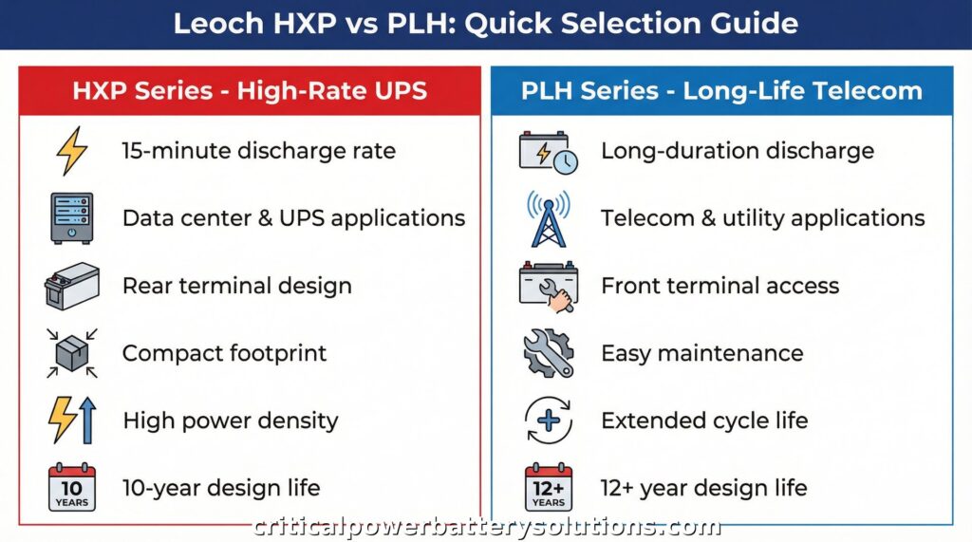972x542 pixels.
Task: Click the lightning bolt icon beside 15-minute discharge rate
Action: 72,151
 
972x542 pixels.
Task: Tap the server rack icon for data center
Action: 72,218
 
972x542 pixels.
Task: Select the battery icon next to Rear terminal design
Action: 72,286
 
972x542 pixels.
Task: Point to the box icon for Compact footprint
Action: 72,353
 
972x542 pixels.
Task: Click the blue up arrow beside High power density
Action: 88,421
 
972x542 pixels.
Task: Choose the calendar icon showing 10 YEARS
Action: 72,488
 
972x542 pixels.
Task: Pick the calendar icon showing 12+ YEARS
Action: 549,488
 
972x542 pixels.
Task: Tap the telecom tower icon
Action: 549,218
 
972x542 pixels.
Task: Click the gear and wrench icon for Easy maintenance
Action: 549,353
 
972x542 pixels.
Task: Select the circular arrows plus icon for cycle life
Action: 549,421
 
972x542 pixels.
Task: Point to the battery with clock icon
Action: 549,152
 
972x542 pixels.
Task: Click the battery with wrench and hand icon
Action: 549,286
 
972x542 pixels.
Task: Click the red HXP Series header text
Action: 250,91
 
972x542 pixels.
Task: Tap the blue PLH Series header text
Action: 721,91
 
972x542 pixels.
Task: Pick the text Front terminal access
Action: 720,286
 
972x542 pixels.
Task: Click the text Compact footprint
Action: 224,353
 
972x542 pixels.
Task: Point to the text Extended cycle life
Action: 704,421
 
